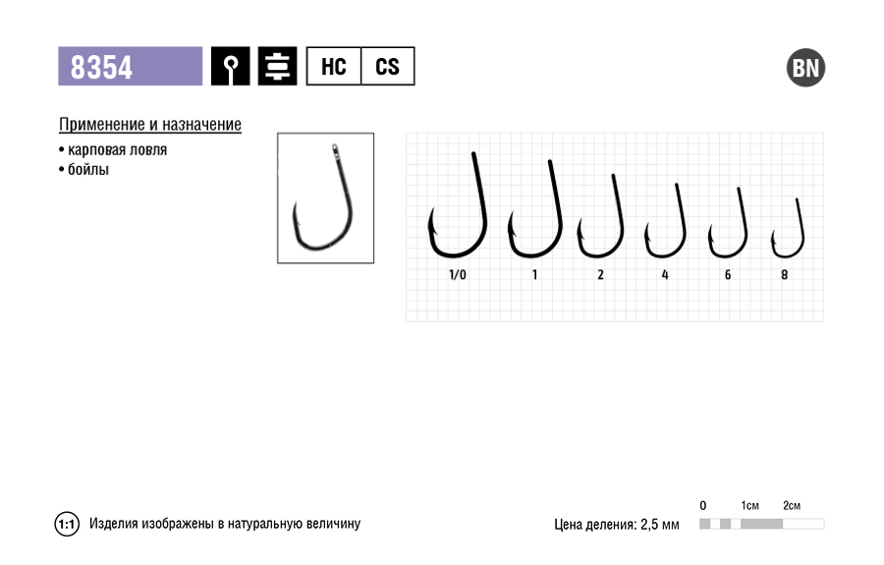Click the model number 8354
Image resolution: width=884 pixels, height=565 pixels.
[101, 67]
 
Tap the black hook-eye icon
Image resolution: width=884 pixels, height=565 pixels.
[231, 67]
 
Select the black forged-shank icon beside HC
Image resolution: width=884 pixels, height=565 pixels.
[277, 67]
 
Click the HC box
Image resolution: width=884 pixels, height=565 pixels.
[333, 67]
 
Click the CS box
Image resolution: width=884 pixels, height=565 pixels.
[387, 67]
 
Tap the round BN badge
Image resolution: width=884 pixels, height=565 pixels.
[805, 68]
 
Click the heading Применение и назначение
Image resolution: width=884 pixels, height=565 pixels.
[150, 124]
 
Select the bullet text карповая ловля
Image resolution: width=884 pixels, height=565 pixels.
[117, 150]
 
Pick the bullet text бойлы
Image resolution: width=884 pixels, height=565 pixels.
[88, 170]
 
